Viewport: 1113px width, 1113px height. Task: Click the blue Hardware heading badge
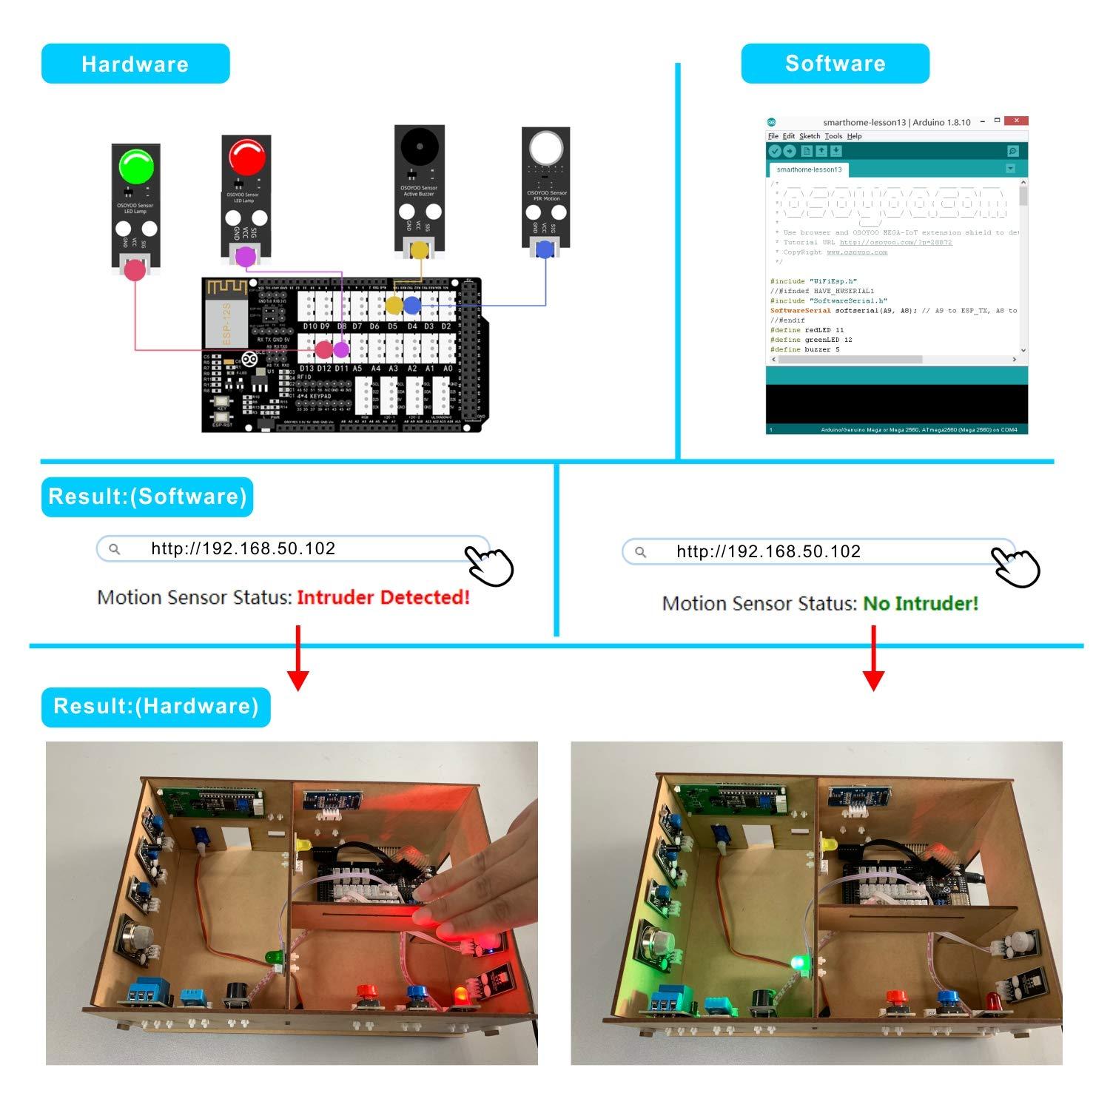tap(135, 64)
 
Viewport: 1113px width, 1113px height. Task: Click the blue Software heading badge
tap(835, 64)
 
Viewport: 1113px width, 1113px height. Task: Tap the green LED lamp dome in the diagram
tap(136, 166)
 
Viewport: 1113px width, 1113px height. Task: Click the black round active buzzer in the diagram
tap(419, 147)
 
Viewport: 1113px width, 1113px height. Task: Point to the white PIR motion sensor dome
tap(546, 148)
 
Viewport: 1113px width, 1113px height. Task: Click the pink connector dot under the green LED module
tap(135, 270)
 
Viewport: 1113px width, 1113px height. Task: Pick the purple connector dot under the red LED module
tap(245, 257)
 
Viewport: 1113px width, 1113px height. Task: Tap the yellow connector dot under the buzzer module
tap(419, 249)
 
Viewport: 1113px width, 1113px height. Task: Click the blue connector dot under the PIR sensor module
tap(545, 249)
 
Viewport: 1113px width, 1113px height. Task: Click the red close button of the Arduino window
tap(1017, 121)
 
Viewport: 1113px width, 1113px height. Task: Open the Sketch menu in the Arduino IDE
tap(810, 136)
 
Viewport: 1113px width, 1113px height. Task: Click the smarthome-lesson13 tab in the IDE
tap(809, 169)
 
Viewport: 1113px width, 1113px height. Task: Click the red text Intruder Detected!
tap(383, 597)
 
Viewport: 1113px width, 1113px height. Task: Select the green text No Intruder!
tap(921, 604)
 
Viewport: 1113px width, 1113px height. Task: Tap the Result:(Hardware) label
tap(156, 706)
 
